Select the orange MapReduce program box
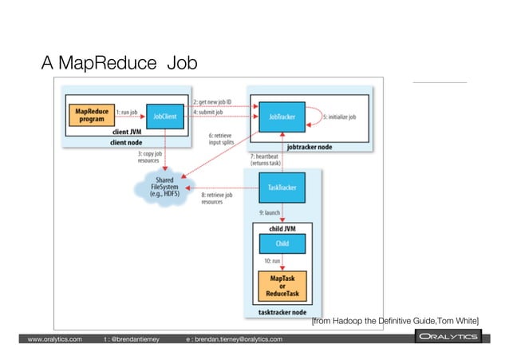click(x=92, y=117)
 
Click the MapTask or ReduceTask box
click(x=282, y=285)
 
